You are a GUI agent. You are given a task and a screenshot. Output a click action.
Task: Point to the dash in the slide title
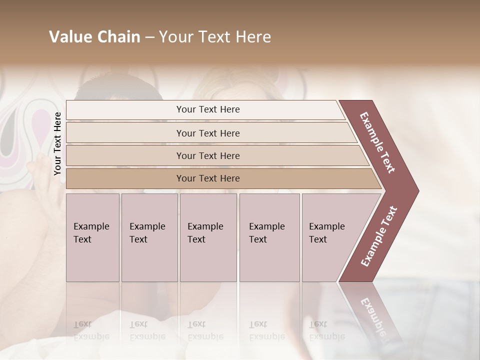tap(149, 37)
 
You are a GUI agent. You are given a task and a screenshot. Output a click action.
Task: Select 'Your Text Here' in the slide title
tap(215, 37)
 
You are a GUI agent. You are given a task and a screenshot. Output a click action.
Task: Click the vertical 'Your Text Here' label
tap(57, 143)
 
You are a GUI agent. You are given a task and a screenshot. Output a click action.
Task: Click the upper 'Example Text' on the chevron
tap(378, 143)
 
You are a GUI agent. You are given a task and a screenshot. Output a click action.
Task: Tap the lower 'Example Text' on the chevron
tap(379, 236)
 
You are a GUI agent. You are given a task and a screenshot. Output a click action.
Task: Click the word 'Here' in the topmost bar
tap(230, 109)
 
